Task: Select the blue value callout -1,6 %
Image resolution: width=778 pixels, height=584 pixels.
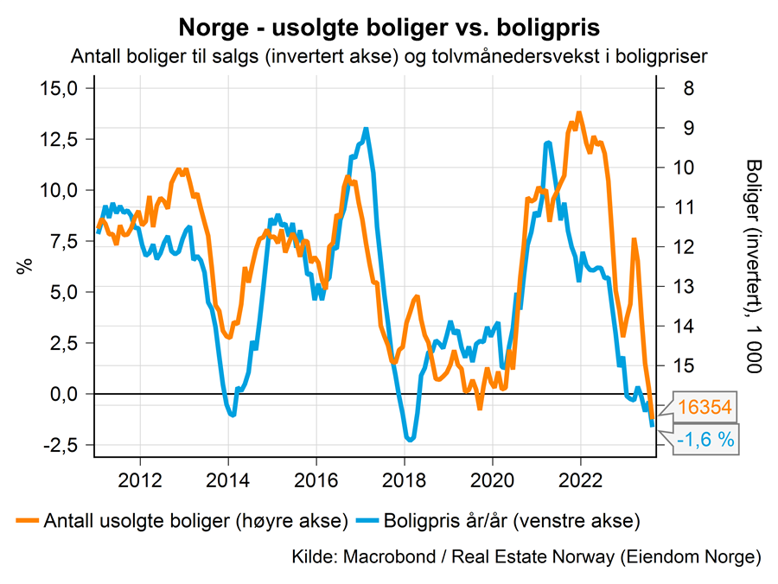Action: pyautogui.click(x=705, y=439)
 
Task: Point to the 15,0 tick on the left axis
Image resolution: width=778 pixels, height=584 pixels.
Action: pyautogui.click(x=61, y=88)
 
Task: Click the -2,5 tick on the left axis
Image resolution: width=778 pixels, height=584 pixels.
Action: pyautogui.click(x=61, y=445)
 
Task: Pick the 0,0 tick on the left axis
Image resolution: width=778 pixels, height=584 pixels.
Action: pyautogui.click(x=64, y=394)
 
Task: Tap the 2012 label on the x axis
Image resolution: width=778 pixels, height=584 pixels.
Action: pyautogui.click(x=140, y=478)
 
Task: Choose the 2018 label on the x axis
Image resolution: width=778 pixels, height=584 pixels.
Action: pyautogui.click(x=405, y=478)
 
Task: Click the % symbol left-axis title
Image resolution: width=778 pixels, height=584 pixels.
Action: pyautogui.click(x=23, y=266)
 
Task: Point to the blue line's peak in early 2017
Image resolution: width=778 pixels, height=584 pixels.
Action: pyautogui.click(x=367, y=130)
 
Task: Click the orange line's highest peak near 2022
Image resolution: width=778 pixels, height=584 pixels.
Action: pyautogui.click(x=579, y=113)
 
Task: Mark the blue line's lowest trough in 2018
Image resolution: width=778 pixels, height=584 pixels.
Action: pyautogui.click(x=410, y=440)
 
